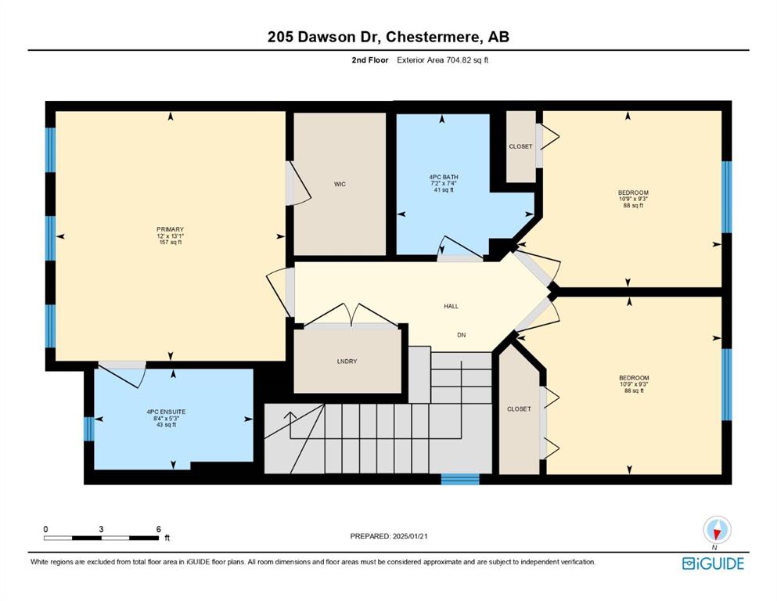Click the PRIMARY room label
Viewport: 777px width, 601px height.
point(170,229)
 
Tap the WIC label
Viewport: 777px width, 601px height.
point(340,185)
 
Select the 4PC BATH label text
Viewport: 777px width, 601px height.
point(444,177)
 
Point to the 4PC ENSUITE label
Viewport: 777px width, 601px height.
point(166,412)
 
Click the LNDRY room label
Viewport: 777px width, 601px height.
point(347,362)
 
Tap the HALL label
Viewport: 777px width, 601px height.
point(451,306)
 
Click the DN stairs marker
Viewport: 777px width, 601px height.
point(462,335)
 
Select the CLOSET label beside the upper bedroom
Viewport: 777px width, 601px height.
point(520,146)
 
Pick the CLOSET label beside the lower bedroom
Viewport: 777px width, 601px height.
point(519,408)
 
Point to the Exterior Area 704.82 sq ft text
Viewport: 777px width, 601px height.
point(443,60)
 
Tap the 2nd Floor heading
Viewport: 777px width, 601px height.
point(369,60)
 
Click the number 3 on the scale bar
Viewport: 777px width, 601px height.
point(101,529)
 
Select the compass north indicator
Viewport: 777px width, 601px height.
point(717,530)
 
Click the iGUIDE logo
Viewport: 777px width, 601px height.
point(713,564)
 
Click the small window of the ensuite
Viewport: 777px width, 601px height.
point(88,429)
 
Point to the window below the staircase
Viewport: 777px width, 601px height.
point(460,479)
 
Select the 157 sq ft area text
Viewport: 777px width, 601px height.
point(170,243)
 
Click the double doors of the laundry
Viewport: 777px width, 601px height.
point(351,315)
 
